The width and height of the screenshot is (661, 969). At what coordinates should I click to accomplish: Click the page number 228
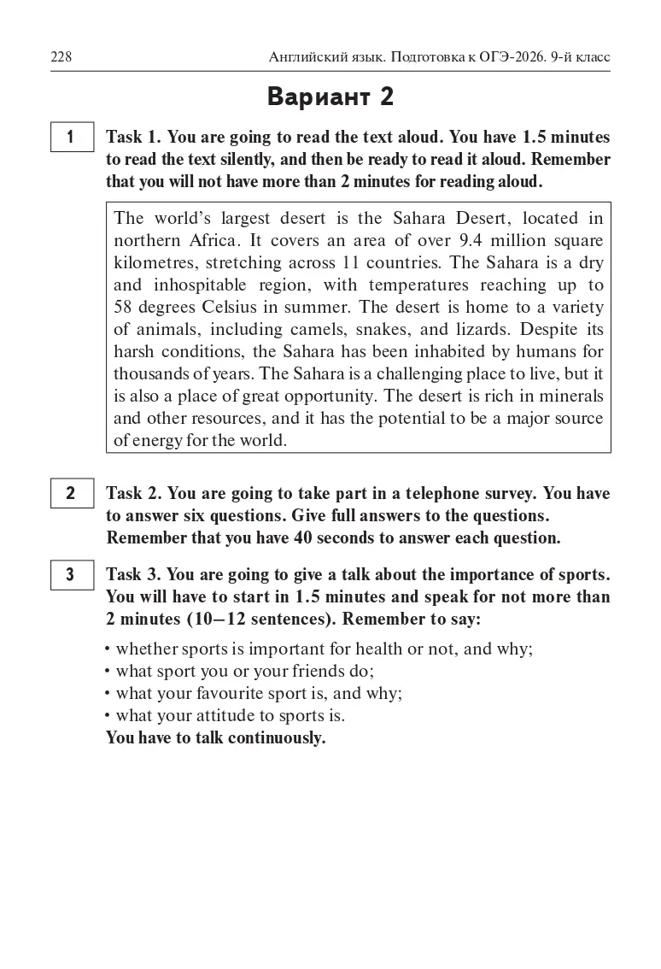click(x=61, y=57)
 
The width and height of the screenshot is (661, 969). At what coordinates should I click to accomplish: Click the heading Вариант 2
click(x=330, y=97)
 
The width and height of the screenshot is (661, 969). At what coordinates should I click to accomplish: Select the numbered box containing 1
click(x=71, y=138)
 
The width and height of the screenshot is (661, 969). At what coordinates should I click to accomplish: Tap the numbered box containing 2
click(x=71, y=493)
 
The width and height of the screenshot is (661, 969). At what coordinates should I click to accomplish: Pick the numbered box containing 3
click(x=71, y=574)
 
